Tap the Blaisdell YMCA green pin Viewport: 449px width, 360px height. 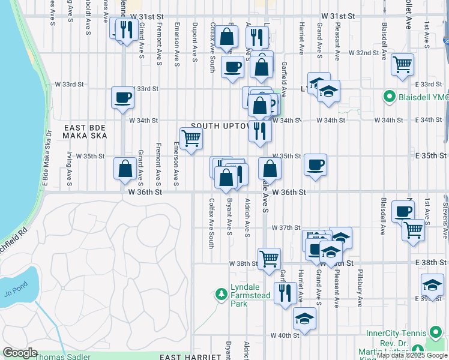389,96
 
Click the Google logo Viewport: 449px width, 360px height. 20,353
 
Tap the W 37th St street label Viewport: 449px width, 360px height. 285,228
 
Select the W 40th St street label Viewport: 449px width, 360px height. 285,335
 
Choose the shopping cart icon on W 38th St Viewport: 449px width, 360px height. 270,259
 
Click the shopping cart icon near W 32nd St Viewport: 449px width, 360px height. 402,64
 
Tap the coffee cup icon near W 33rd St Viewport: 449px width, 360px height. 123,97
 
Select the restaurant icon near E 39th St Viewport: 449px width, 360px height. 284,292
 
